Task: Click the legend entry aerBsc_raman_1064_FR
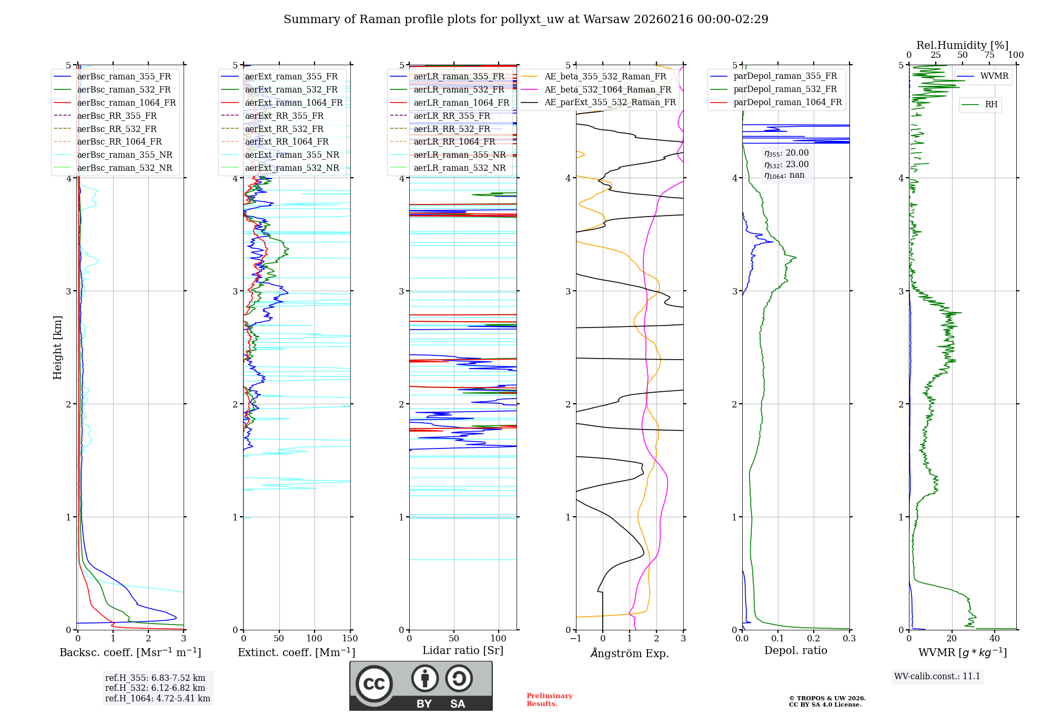[126, 103]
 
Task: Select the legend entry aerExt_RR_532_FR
[284, 129]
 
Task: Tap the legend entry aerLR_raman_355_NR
[459, 155]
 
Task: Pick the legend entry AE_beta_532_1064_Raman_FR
[608, 89]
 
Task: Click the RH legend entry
[991, 105]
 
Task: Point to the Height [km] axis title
[57, 348]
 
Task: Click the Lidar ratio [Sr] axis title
[463, 650]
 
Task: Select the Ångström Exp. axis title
[630, 653]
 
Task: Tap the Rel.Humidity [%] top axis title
[962, 45]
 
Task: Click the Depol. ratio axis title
[795, 651]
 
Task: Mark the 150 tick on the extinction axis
[350, 639]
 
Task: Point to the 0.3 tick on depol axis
[849, 639]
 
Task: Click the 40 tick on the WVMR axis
[995, 639]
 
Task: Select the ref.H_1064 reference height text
[157, 698]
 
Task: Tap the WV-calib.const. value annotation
[937, 676]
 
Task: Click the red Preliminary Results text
[549, 699]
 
